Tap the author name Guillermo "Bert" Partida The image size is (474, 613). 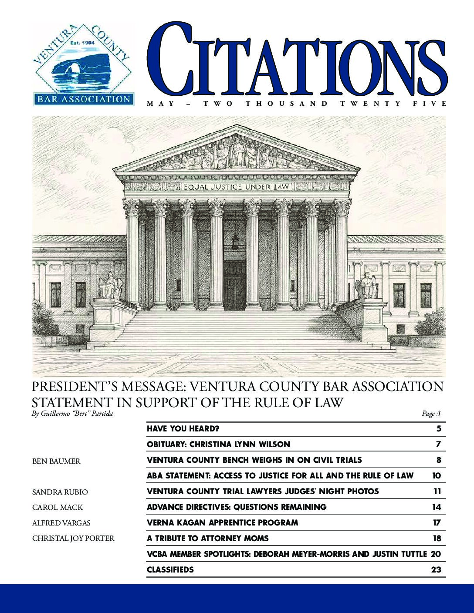(73, 414)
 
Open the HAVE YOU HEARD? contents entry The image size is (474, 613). (183, 429)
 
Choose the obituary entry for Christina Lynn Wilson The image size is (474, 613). (218, 445)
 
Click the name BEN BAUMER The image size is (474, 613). (56, 461)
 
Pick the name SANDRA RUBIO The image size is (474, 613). (60, 492)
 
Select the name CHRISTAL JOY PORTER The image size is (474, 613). (74, 539)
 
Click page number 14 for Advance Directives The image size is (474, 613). (436, 507)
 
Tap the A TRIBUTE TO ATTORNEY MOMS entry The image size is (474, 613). (208, 539)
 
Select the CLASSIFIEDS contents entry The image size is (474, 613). (170, 570)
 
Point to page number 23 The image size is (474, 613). (436, 570)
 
